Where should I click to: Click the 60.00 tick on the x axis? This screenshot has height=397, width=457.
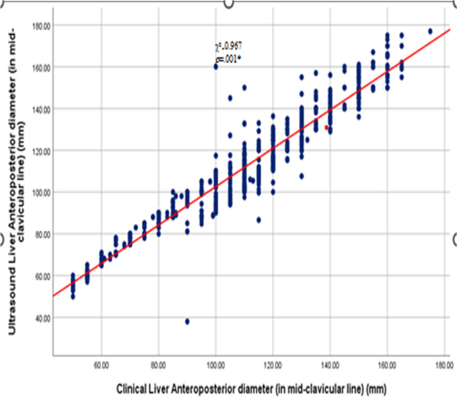pyautogui.click(x=101, y=366)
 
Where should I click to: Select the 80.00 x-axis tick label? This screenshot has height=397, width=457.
pyautogui.click(x=158, y=366)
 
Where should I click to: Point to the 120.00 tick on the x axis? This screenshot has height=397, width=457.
pyautogui.click(x=272, y=366)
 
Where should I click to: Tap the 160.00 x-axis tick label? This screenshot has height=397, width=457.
pyautogui.click(x=386, y=366)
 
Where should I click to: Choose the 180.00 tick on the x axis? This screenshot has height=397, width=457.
pyautogui.click(x=444, y=366)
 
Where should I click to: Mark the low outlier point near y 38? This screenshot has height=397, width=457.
pyautogui.click(x=187, y=321)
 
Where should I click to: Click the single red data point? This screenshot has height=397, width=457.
pyautogui.click(x=327, y=127)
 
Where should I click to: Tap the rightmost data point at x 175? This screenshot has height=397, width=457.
pyautogui.click(x=430, y=31)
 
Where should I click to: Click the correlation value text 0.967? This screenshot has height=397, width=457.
pyautogui.click(x=229, y=45)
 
